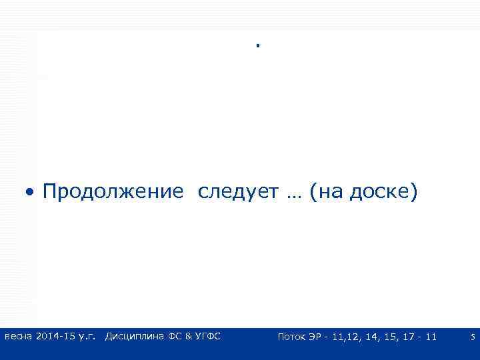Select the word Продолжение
point(112,193)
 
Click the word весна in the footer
point(18,337)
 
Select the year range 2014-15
point(55,337)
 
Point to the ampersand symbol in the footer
point(189,337)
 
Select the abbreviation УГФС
point(207,337)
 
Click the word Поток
point(291,337)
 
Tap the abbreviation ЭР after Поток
point(317,337)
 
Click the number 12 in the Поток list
point(353,337)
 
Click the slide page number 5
point(473,337)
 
